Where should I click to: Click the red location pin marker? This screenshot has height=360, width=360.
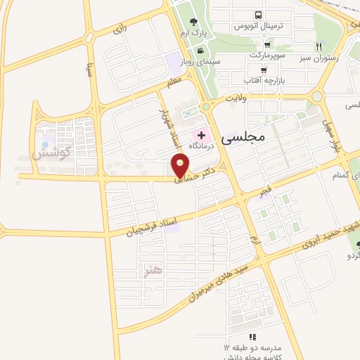(181, 166)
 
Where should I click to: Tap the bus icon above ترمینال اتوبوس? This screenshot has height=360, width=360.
(259, 15)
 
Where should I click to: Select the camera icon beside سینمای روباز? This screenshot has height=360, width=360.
(202, 50)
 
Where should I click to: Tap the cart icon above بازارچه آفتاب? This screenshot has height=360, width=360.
(264, 70)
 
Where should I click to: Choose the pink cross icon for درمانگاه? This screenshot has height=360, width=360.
(202, 134)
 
